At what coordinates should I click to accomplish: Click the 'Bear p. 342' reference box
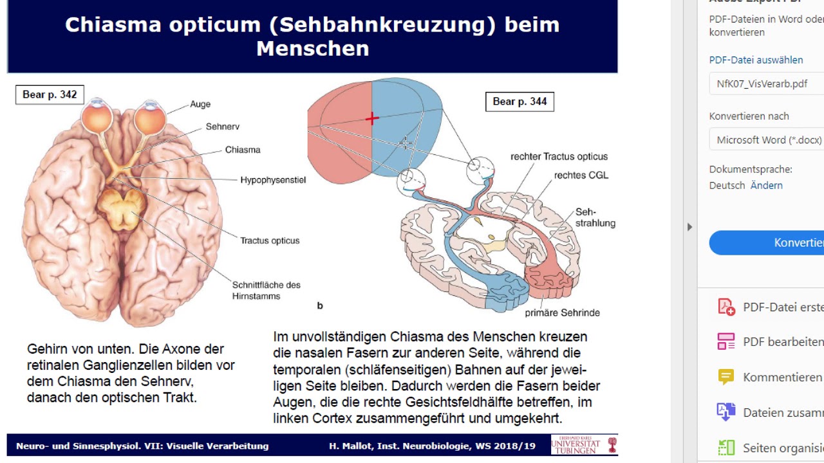50,95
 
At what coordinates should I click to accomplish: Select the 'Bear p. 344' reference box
520,102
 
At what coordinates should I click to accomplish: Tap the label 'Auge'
200,104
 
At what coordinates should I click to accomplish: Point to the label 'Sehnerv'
223,127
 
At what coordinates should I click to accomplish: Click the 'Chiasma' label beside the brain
243,150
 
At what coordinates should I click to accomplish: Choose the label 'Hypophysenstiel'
273,180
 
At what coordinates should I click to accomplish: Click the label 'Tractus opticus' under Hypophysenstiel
270,241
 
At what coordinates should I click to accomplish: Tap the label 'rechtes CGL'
581,175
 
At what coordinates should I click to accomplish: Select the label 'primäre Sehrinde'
562,313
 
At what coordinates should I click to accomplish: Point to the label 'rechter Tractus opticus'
559,156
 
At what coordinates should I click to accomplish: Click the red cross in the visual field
372,118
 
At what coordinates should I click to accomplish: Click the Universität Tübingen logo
584,445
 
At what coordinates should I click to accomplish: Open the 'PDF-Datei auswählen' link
756,60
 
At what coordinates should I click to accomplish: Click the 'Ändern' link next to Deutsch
767,185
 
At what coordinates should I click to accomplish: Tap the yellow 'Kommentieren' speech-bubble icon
726,377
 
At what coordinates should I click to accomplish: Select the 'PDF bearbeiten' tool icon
726,341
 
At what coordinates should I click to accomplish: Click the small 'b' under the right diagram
320,306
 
